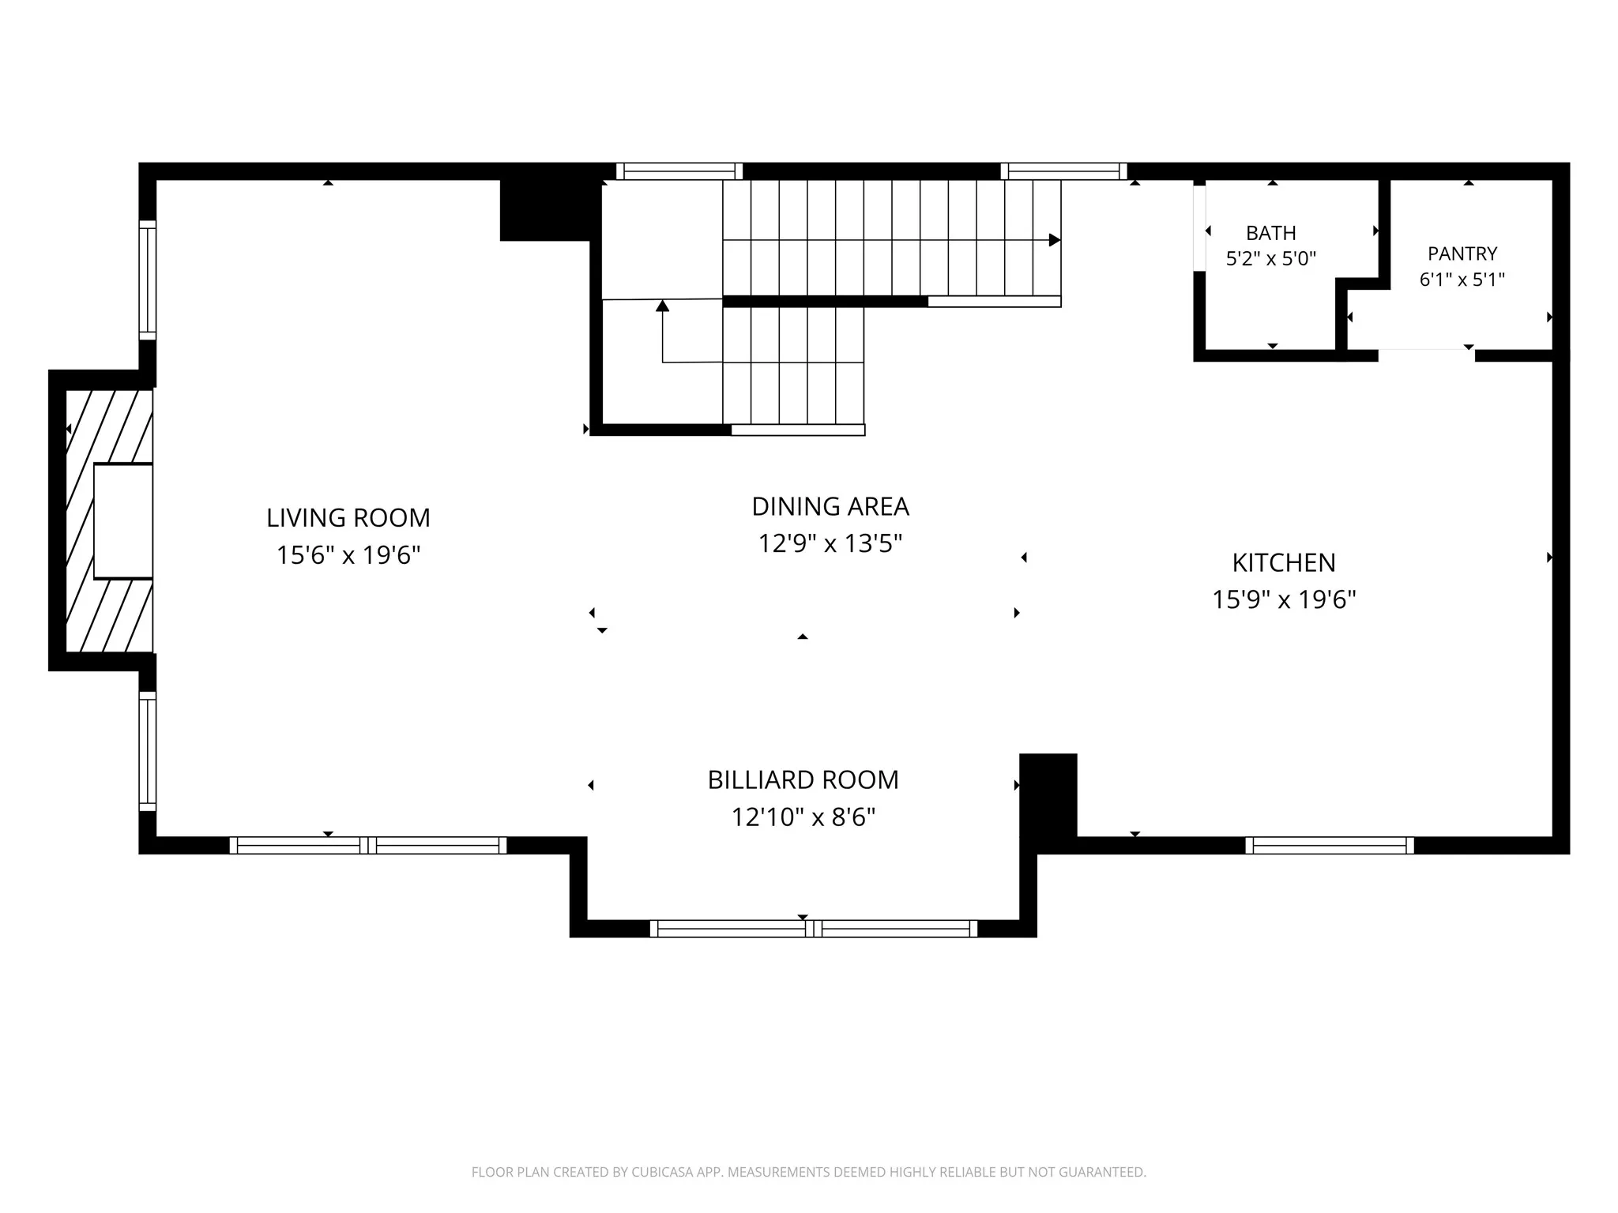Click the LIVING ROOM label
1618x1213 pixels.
click(348, 518)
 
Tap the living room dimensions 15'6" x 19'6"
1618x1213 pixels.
click(348, 555)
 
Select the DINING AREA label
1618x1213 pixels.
click(830, 506)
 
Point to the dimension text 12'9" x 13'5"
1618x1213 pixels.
click(830, 543)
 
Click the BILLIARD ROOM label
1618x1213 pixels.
click(803, 779)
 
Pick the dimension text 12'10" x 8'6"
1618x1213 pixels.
click(803, 817)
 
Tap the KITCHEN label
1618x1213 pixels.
click(1284, 562)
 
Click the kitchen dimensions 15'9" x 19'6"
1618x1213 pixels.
click(1284, 599)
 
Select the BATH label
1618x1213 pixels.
click(1271, 233)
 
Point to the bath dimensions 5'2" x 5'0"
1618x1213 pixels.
click(1271, 258)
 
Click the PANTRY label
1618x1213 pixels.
click(1462, 253)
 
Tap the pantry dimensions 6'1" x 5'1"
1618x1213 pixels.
click(1462, 279)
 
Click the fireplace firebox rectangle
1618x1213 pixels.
click(123, 521)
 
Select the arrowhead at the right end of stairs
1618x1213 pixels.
click(1055, 240)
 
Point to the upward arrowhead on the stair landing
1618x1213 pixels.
click(663, 306)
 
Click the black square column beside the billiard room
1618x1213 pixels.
click(1048, 794)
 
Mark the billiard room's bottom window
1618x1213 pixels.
click(814, 929)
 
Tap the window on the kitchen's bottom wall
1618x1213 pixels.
click(1330, 846)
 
